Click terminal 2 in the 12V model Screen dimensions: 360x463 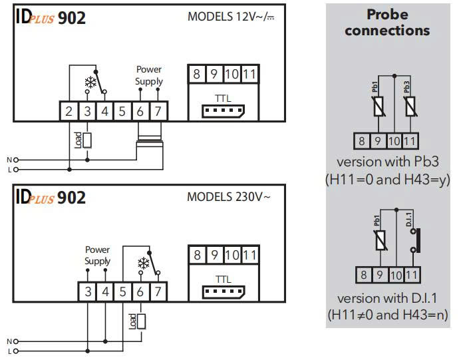click(x=69, y=111)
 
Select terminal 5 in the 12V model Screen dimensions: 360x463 click(x=122, y=111)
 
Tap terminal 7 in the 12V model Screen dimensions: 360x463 click(x=158, y=111)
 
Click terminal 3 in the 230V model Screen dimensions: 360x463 click(x=88, y=291)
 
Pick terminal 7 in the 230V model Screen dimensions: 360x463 click(x=158, y=291)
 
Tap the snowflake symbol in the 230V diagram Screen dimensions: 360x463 click(x=142, y=264)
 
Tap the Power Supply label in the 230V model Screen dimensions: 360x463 click(x=97, y=256)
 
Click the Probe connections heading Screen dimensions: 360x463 click(x=387, y=23)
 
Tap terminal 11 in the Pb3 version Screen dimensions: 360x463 click(x=409, y=141)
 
